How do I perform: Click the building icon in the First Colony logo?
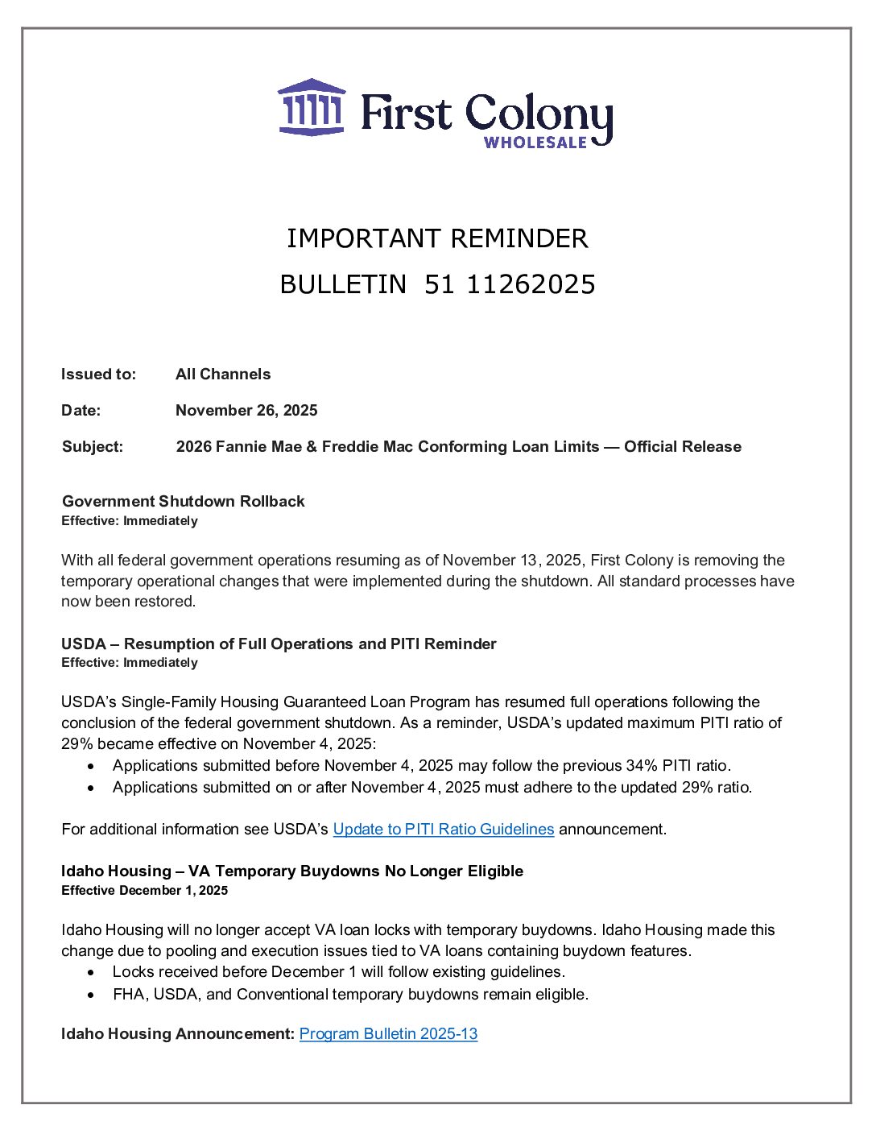pos(312,107)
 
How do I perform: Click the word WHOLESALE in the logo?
pos(535,143)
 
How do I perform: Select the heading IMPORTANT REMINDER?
pos(437,238)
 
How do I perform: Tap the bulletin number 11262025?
pos(531,284)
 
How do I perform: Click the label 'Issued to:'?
pos(98,374)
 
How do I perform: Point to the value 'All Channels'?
pos(223,374)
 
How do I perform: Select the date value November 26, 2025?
pos(246,410)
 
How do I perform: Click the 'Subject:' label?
pos(93,446)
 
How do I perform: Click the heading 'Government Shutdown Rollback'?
pos(184,501)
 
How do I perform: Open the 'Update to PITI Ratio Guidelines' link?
pos(444,829)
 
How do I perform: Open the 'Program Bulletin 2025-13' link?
pos(388,1033)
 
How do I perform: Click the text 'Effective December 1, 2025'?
pos(145,890)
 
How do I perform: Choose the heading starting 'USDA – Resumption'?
pos(279,644)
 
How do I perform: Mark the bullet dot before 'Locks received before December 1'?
pos(93,972)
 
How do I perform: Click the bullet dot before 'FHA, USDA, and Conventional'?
pos(93,995)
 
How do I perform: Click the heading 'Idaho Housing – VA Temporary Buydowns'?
pos(292,871)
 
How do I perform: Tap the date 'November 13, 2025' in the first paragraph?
pos(512,561)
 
